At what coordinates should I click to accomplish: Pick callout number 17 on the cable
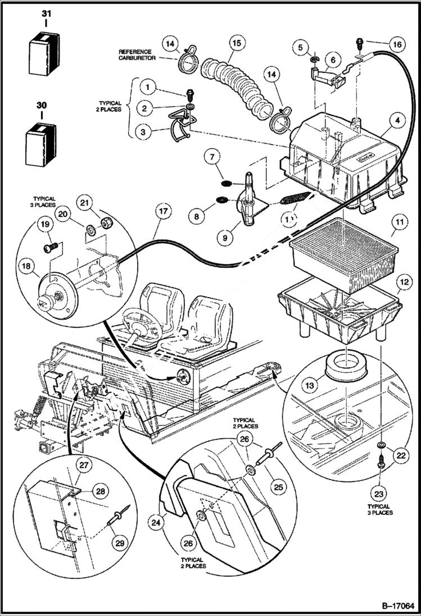[x=163, y=212]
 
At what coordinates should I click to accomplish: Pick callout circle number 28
[x=100, y=491]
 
